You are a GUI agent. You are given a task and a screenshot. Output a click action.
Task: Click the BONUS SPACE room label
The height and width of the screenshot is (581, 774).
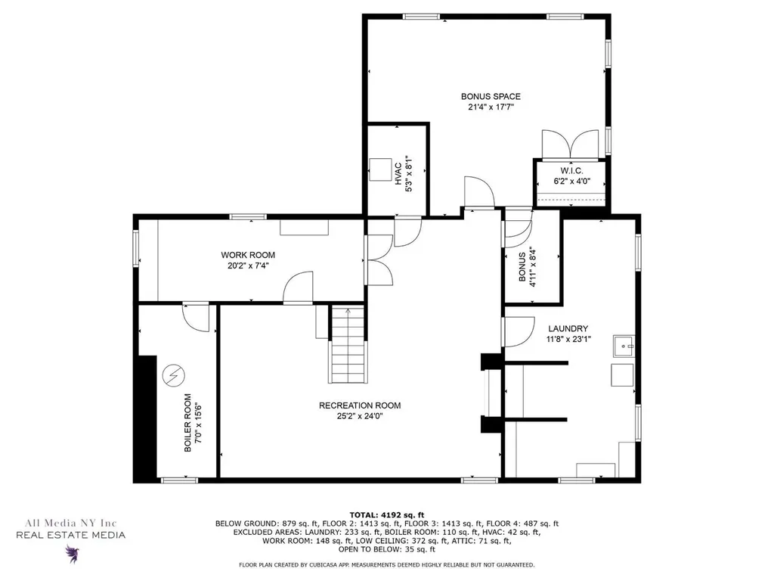[491, 96]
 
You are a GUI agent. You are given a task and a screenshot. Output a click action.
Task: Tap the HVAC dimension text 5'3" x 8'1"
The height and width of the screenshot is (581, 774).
[409, 174]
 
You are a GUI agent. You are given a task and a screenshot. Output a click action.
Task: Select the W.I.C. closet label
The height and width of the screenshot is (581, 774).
[571, 170]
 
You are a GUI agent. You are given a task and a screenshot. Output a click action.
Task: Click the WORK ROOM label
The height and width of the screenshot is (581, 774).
[248, 255]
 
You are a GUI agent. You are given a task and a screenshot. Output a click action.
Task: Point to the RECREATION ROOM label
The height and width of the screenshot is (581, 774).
[360, 405]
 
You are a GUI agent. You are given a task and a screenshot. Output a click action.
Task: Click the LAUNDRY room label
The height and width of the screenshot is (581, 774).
[568, 328]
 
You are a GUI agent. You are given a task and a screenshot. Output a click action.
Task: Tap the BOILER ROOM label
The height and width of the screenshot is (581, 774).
[187, 422]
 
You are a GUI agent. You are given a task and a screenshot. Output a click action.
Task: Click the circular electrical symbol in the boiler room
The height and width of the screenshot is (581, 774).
[173, 376]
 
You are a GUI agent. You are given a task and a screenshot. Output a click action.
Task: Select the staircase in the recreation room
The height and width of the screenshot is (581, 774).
[348, 344]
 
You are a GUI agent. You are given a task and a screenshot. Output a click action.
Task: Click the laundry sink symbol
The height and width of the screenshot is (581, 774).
[624, 346]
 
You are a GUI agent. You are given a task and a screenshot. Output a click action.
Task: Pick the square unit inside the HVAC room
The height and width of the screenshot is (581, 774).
[380, 169]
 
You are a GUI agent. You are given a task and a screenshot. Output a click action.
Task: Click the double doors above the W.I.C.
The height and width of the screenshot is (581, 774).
[570, 144]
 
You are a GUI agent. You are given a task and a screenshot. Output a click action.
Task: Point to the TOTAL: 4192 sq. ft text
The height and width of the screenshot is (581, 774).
[387, 514]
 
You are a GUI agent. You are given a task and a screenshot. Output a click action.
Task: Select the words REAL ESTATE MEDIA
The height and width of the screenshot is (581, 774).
[70, 535]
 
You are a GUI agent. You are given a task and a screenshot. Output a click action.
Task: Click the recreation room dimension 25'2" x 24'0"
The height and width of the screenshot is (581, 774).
[360, 417]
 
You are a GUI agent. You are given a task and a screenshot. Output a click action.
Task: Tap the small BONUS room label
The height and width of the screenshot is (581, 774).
[522, 267]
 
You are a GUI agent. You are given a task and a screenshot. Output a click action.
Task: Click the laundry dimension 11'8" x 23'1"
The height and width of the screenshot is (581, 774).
[568, 340]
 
